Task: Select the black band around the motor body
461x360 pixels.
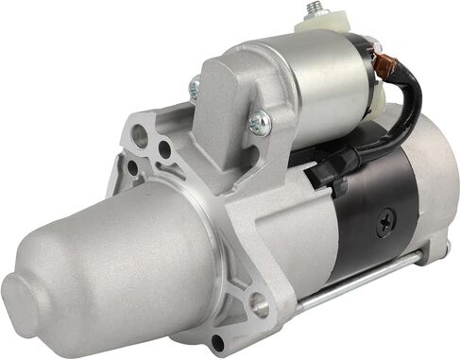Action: click(378, 198)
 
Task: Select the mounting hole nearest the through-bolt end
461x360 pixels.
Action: click(257, 304)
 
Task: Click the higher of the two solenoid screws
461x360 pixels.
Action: click(195, 89)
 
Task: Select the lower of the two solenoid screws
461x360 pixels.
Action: click(259, 122)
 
